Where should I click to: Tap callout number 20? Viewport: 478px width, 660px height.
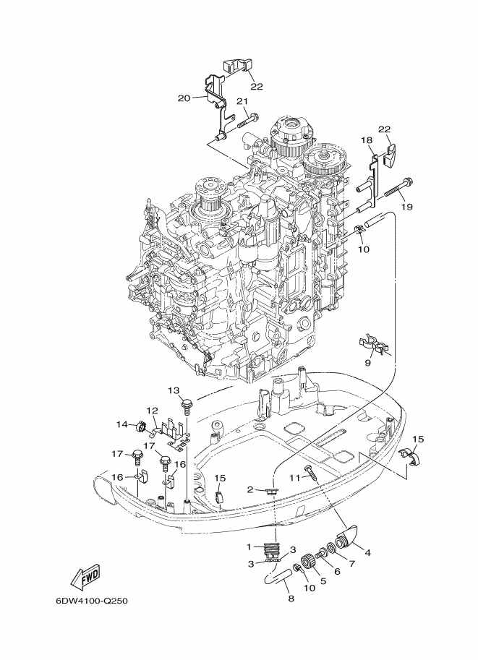click(x=184, y=98)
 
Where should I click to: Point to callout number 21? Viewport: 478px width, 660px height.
click(x=242, y=101)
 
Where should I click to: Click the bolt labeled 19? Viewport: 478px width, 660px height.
click(x=398, y=188)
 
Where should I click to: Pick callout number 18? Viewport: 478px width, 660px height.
click(x=367, y=140)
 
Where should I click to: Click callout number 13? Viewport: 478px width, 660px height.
click(x=174, y=390)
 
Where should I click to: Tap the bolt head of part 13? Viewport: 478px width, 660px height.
click(x=185, y=404)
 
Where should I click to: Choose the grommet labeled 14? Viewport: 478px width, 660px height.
click(x=140, y=427)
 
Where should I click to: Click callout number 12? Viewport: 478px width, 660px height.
click(x=152, y=410)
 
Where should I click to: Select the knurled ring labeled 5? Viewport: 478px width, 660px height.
click(x=309, y=562)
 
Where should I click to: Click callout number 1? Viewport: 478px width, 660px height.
click(x=249, y=547)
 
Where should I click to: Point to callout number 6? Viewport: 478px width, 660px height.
click(x=337, y=572)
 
